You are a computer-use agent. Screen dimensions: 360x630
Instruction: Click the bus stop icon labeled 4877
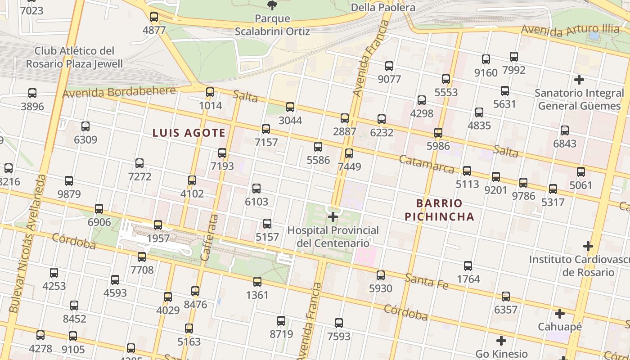154,18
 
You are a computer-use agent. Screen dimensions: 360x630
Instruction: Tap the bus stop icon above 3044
290,107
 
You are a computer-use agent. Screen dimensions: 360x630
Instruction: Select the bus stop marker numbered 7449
349,153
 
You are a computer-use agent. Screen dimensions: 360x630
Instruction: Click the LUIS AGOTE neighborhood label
189,133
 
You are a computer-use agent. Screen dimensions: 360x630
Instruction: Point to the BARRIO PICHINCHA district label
439,210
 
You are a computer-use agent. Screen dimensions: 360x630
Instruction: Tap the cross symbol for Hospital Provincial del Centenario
333,217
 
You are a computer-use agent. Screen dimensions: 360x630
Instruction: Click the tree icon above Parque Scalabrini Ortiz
272,5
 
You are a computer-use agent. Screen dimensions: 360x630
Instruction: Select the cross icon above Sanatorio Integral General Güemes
579,80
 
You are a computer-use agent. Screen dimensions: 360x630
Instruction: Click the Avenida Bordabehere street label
119,92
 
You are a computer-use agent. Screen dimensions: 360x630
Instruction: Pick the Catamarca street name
427,164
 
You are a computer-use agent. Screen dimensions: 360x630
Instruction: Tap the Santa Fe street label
426,281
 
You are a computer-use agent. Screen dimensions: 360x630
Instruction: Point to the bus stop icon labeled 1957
158,225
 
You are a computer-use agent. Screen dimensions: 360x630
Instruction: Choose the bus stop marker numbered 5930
381,275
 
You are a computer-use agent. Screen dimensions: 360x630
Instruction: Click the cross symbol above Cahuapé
560,314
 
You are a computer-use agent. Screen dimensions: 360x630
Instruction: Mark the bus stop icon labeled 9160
486,59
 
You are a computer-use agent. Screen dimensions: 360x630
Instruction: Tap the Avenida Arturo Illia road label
570,31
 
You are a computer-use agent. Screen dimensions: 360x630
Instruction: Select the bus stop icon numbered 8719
281,321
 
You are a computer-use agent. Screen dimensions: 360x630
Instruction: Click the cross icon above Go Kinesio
501,341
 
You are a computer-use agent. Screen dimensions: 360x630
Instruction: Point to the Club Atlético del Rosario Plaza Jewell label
74,57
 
